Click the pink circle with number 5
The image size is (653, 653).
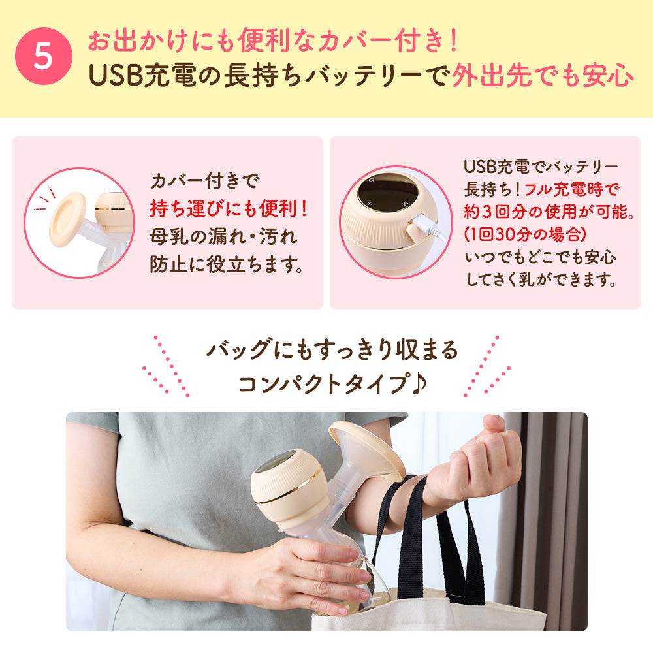43,57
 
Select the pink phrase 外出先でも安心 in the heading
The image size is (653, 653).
542,75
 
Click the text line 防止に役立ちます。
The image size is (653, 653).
228,266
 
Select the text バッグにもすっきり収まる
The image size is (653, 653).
332,351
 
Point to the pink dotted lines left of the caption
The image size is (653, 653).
167,366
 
